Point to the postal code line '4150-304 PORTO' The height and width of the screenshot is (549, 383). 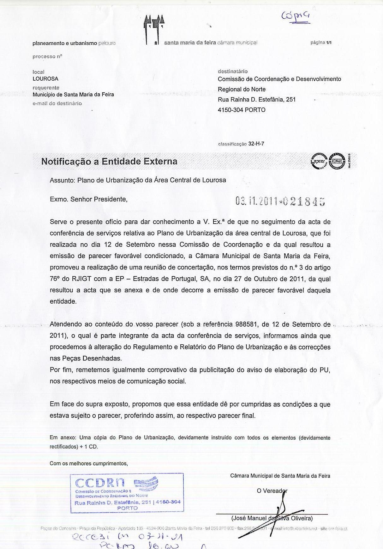242,110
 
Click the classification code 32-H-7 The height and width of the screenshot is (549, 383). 256,144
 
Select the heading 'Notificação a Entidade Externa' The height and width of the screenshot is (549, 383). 109,161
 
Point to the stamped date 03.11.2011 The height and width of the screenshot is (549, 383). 256,201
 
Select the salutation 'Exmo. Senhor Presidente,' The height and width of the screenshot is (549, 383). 89,199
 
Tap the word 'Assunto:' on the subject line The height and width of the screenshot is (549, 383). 62,180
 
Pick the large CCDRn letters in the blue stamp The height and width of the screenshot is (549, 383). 100,483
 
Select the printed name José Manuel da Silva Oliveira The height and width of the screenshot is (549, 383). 272,518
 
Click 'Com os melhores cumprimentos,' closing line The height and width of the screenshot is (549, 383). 89,463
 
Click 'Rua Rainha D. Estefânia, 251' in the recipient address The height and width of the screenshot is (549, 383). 257,99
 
